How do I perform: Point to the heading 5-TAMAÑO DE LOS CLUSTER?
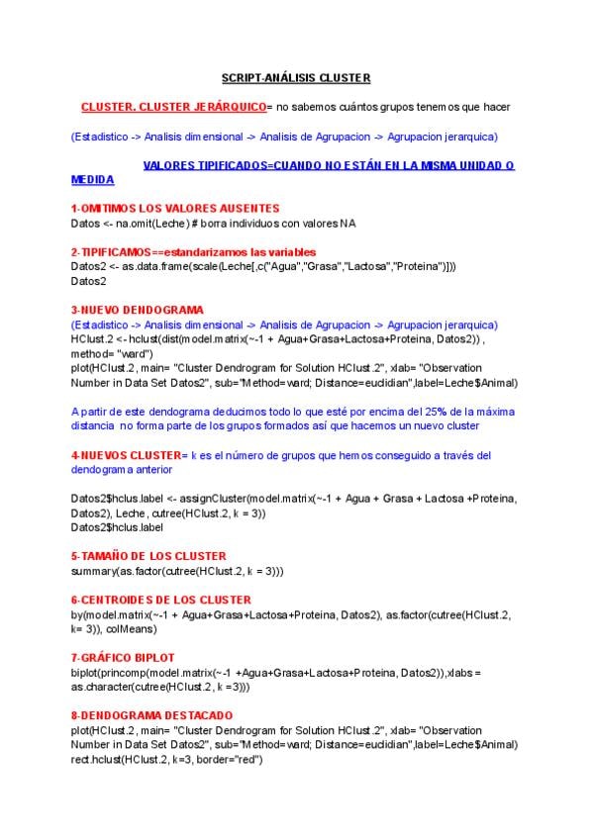click(x=148, y=556)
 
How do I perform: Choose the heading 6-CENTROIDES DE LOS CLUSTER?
click(x=160, y=600)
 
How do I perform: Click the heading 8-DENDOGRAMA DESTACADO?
click(x=152, y=714)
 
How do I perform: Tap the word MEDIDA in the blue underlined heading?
click(x=93, y=180)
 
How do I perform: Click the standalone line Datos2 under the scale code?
click(x=88, y=281)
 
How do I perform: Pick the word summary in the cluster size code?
click(x=93, y=572)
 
